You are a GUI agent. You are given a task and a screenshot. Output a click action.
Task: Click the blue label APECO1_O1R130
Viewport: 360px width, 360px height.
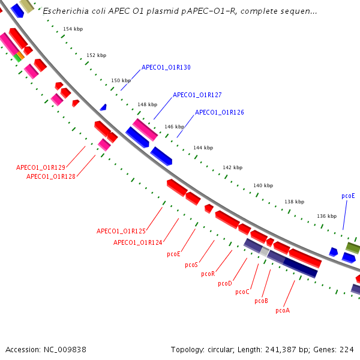166,68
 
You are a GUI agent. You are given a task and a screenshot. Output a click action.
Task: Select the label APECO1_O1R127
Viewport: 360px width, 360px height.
197,95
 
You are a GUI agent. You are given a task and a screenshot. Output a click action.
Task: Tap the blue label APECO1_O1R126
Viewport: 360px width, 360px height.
220,112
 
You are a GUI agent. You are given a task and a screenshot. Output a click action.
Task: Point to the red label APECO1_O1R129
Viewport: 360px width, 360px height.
41,167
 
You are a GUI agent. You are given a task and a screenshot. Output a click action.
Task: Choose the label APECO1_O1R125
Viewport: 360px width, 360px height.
121,231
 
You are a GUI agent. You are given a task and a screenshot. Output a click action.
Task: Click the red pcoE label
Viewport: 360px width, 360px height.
174,254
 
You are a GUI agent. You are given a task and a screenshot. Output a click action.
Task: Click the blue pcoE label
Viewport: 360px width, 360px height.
348,196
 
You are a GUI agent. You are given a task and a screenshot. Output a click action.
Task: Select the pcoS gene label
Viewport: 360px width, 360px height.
191,265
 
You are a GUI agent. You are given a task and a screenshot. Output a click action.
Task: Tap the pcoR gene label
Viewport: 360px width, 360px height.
208,274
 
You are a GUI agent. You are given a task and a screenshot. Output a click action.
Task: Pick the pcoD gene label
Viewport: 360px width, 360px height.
225,283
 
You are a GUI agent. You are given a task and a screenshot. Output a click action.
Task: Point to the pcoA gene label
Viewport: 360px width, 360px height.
283,311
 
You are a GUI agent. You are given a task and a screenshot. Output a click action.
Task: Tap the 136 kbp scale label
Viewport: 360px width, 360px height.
327,216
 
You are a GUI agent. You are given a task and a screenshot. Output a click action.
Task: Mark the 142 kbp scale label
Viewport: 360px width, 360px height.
232,167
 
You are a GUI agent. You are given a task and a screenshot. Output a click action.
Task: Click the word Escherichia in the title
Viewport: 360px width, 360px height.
64,11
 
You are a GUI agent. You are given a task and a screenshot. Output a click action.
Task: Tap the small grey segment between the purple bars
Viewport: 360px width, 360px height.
264,252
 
